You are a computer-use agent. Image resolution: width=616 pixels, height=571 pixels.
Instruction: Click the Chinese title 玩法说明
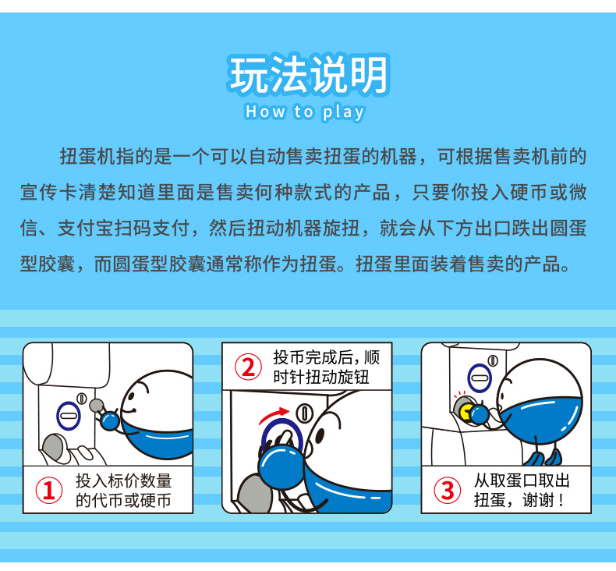point(309,75)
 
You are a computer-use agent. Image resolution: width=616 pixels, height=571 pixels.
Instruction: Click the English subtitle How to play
point(305,112)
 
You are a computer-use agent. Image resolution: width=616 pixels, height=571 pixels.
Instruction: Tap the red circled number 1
point(48,490)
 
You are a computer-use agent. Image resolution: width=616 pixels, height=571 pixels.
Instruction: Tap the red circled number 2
point(248,367)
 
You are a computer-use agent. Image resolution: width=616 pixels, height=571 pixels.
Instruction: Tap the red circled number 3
point(447,490)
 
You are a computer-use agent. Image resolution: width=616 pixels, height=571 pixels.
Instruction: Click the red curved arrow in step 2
point(274,415)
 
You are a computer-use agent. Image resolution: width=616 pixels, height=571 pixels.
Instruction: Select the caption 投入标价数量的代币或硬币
point(123,491)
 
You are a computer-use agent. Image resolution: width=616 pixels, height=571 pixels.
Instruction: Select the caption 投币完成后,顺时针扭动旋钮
point(326,367)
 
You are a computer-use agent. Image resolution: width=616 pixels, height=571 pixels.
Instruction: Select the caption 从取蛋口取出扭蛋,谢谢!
point(522,491)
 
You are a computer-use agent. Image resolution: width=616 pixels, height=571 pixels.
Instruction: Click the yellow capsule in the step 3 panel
point(466,412)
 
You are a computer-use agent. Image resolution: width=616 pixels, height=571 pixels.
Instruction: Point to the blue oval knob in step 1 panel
point(69,416)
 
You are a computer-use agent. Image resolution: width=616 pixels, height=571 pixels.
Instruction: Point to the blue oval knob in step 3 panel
point(480,378)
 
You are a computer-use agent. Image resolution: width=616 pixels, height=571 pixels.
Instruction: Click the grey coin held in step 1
point(96,405)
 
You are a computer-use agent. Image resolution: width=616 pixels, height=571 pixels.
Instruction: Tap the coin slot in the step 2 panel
point(303,413)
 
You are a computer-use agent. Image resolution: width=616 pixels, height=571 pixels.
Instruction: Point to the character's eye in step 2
point(320,436)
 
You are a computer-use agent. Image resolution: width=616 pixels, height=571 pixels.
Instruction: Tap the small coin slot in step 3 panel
point(493,360)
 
